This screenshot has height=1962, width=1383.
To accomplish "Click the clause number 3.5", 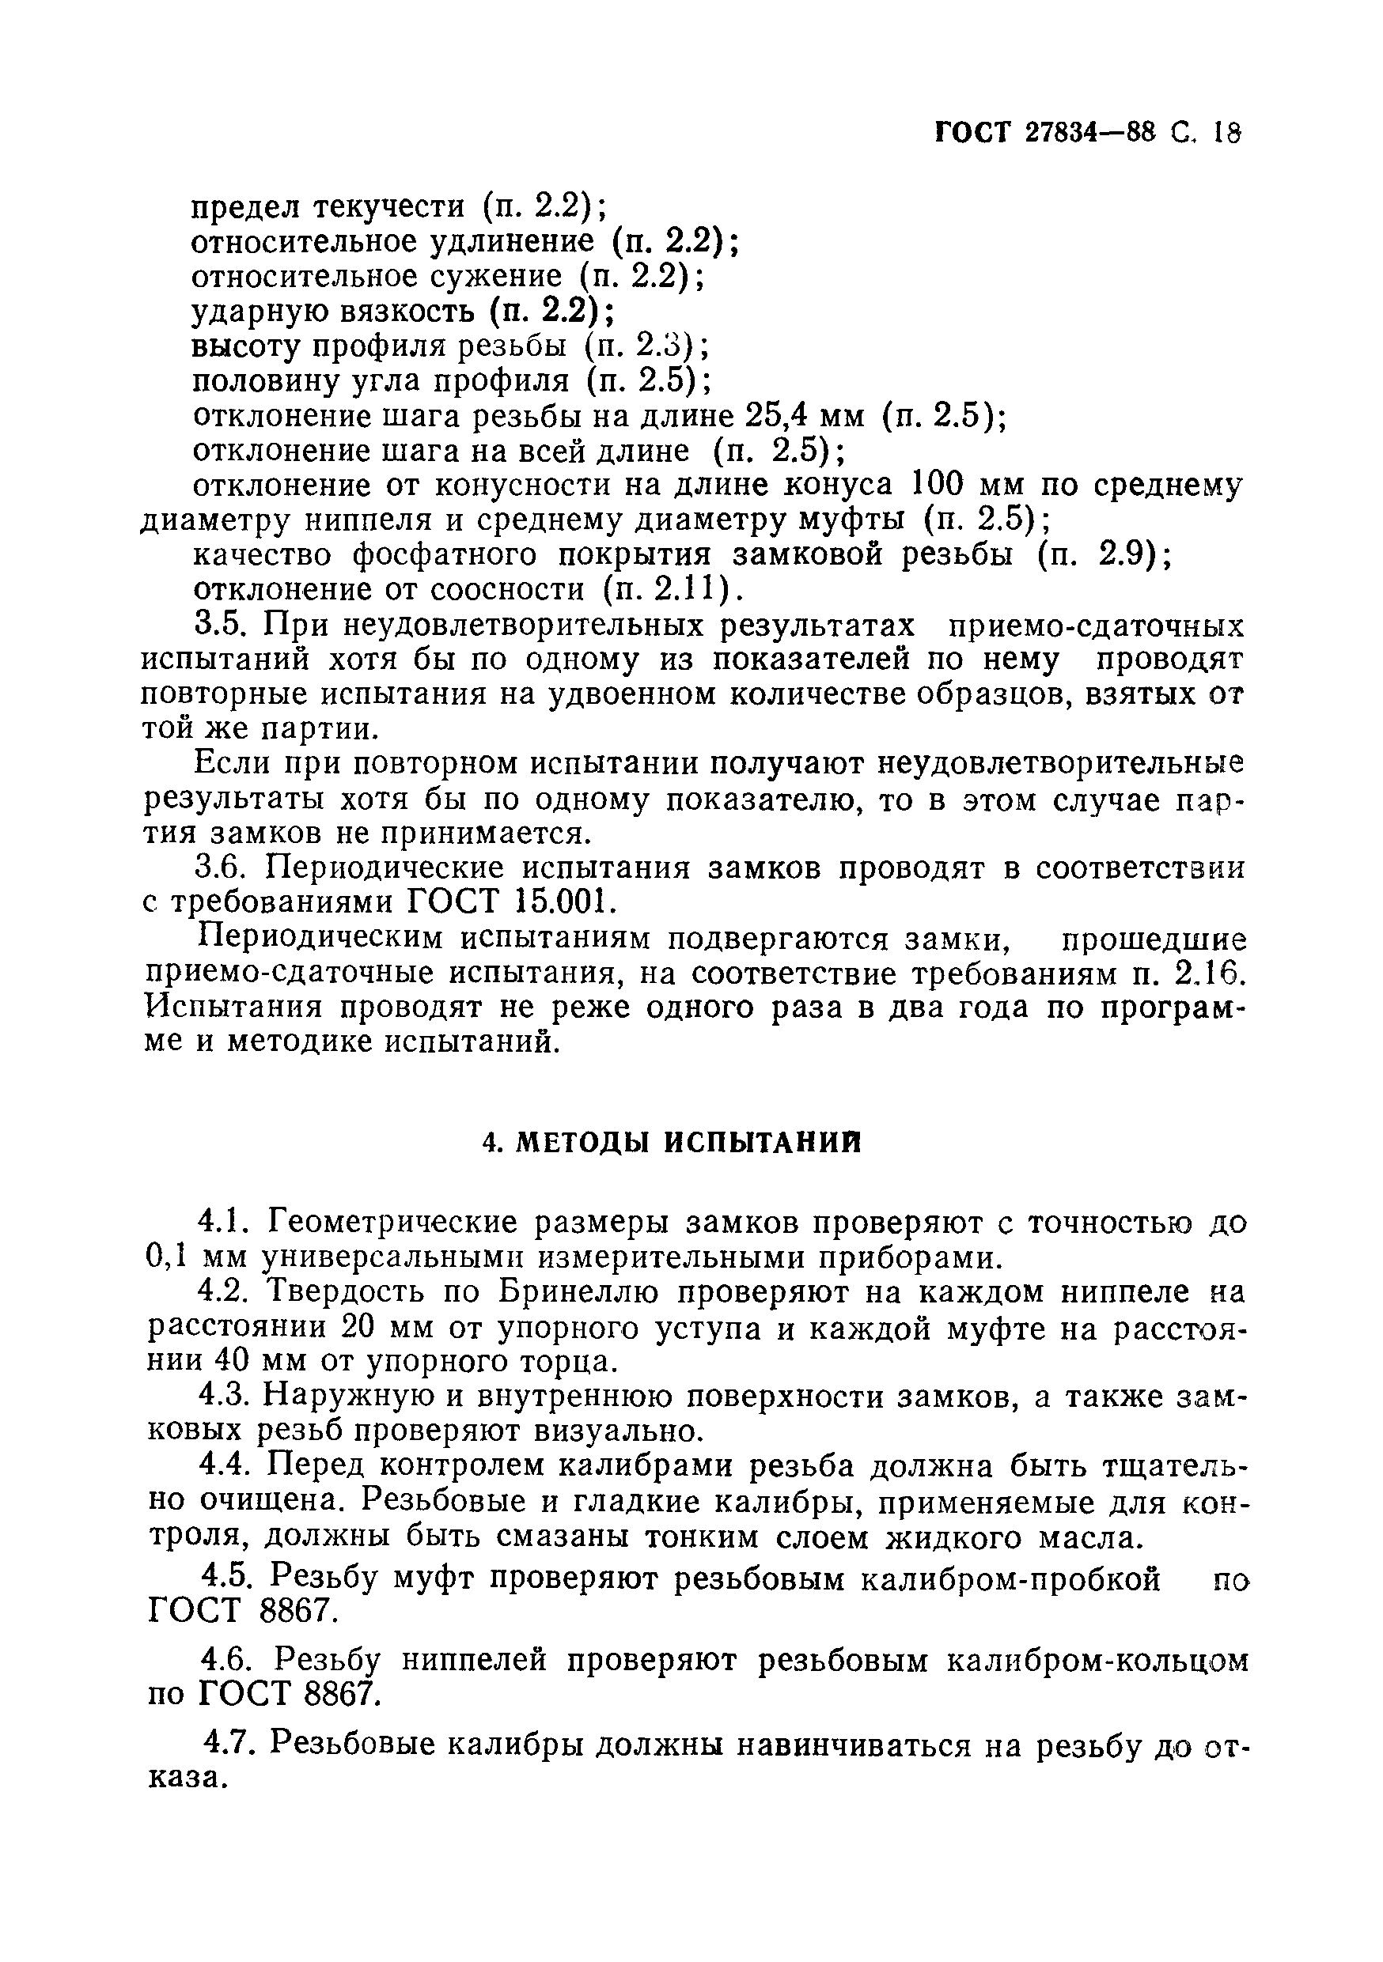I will tap(220, 626).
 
